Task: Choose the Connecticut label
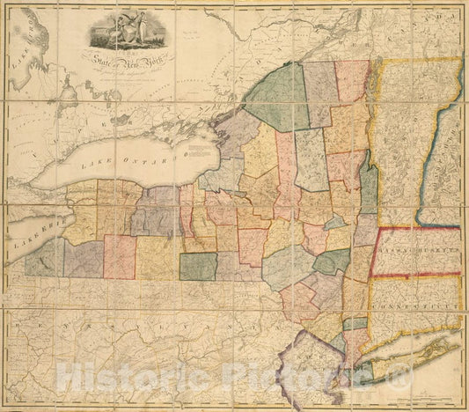pyautogui.click(x=414, y=305)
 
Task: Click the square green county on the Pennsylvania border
pyautogui.click(x=198, y=266)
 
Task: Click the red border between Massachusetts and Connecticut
pyautogui.click(x=414, y=276)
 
